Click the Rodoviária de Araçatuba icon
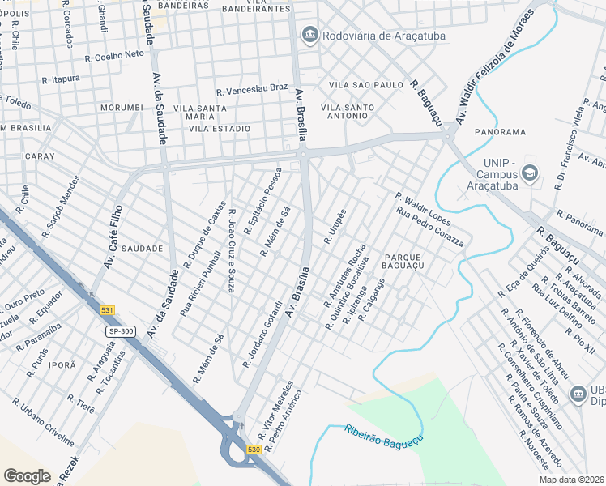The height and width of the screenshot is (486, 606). click(309, 35)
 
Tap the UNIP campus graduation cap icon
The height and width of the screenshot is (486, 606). click(529, 172)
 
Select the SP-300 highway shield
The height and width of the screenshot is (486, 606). click(122, 332)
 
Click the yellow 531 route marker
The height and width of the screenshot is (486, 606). click(108, 310)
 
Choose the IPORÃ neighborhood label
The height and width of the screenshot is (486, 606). click(62, 365)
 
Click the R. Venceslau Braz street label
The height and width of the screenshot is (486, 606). click(252, 87)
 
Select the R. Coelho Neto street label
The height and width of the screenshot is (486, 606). click(114, 55)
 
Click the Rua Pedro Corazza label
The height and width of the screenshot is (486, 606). click(429, 228)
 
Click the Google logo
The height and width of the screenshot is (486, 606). click(27, 476)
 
